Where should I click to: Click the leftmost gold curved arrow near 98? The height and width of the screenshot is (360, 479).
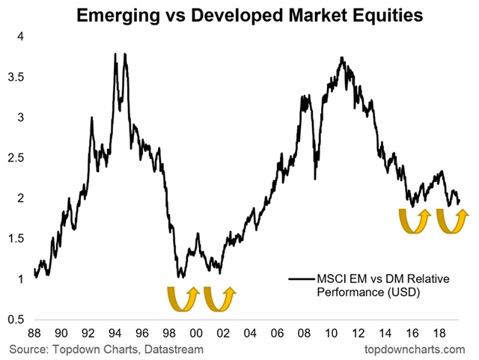pyautogui.click(x=180, y=297)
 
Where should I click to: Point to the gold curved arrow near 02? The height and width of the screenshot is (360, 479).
pyautogui.click(x=219, y=297)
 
